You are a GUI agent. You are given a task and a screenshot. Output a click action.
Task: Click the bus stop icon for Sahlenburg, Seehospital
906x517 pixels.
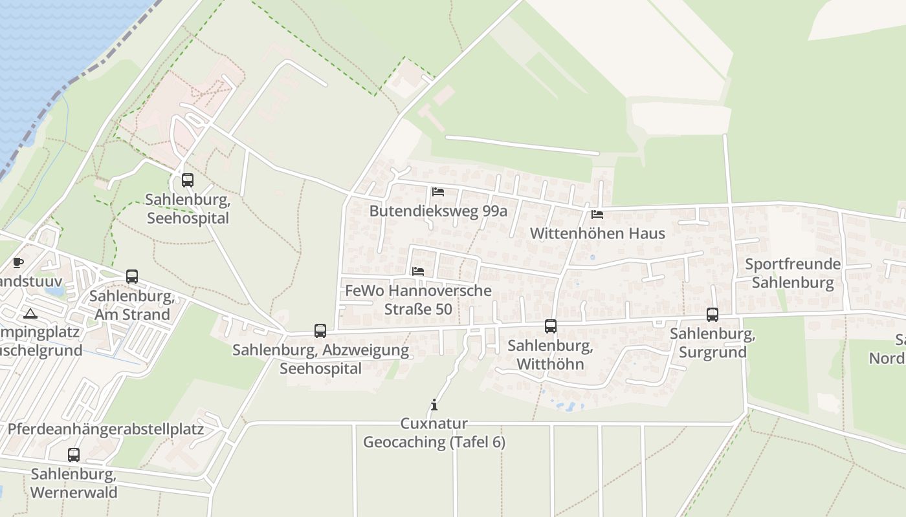(188, 180)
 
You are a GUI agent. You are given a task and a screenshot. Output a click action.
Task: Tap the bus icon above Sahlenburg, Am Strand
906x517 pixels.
(132, 277)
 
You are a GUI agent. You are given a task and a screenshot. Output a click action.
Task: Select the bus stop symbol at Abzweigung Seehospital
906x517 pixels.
(320, 331)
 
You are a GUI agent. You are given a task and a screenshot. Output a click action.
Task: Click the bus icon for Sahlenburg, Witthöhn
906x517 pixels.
(551, 326)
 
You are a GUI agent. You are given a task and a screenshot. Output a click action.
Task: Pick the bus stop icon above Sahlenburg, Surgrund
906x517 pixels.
(713, 315)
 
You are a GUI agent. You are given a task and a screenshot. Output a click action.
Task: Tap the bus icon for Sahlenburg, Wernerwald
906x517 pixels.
(74, 455)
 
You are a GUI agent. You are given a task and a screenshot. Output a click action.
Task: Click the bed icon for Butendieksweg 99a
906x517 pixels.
(438, 192)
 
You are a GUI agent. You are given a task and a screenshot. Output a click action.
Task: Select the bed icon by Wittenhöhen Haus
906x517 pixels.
(597, 214)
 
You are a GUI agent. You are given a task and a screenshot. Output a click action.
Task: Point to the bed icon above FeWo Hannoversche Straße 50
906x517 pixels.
(418, 271)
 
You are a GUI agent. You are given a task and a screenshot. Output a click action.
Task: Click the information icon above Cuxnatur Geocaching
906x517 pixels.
(434, 405)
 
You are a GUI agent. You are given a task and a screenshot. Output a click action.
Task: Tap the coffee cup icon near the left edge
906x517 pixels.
(18, 262)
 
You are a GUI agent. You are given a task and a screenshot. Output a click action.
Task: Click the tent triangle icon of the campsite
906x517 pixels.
(30, 314)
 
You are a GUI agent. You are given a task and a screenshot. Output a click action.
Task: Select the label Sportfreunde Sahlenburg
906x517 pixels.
(793, 273)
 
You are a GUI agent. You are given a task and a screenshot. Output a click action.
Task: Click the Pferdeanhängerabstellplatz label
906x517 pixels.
(105, 429)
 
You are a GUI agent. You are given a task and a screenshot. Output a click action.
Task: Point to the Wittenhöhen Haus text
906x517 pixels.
(597, 233)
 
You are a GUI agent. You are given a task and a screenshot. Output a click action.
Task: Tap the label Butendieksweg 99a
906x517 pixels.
(438, 211)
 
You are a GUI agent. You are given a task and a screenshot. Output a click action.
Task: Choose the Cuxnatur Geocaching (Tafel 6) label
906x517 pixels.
(434, 433)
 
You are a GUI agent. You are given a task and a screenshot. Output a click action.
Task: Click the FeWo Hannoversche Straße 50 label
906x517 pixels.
(418, 300)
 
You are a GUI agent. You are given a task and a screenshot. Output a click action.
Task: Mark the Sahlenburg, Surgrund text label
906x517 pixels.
(713, 343)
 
